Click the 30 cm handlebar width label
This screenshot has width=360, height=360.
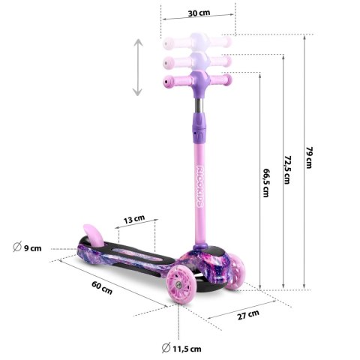[199, 13]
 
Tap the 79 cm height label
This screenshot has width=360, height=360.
[310, 157]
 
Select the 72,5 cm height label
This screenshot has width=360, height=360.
[288, 170]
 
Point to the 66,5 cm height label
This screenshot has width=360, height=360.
[266, 183]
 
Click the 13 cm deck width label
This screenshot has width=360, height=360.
[134, 219]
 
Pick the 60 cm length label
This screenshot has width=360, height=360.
[102, 288]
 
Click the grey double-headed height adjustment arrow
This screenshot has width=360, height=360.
[137, 67]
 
